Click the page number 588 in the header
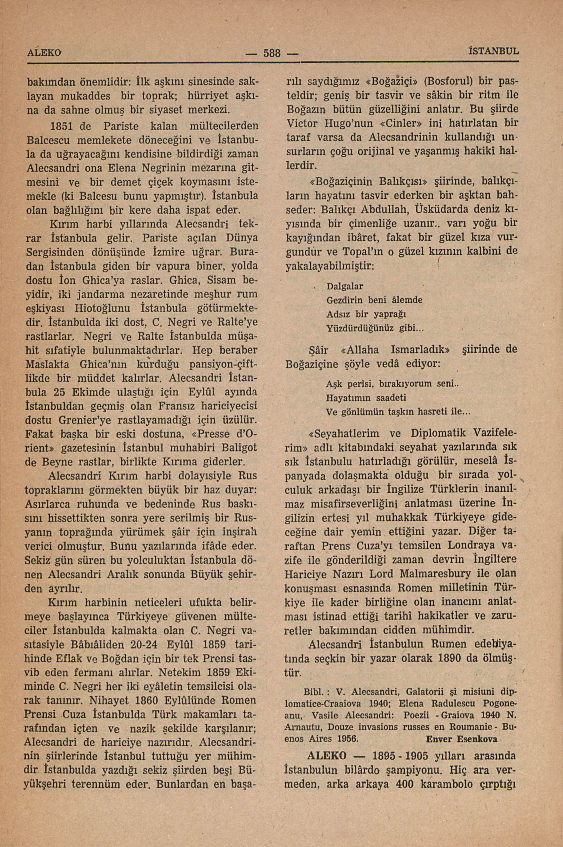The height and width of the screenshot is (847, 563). [272, 53]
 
